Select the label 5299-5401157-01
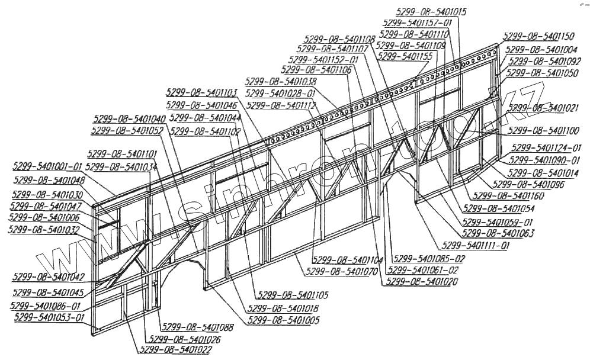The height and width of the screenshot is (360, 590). coord(417,22)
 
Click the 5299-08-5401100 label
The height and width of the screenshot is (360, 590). coord(544,130)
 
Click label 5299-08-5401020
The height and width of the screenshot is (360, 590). coord(421,282)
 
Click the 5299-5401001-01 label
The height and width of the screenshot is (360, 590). coord(48,166)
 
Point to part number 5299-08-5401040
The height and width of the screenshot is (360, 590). coord(129,118)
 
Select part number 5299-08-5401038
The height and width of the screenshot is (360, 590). coord(280,81)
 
